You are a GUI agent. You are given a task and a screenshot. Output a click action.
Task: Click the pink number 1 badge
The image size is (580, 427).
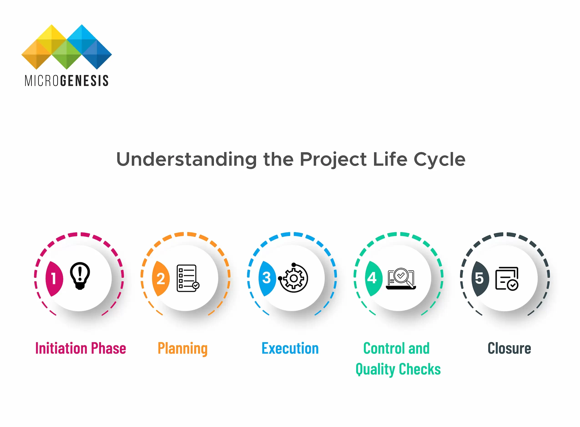pos(54,278)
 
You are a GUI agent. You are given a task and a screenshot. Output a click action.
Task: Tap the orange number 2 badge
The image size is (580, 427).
pos(161,278)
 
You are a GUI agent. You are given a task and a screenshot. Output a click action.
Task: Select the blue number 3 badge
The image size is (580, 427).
pos(267,278)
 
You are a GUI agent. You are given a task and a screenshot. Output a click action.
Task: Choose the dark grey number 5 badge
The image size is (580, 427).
pos(480,278)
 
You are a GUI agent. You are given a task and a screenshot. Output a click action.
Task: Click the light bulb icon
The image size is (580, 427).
pos(80,276)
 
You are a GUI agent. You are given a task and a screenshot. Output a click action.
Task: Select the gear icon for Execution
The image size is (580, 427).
pos(293,278)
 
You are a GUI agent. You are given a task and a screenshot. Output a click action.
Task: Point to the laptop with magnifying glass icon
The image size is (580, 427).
pos(401,278)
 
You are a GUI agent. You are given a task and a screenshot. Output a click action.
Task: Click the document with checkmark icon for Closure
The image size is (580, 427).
pos(507,278)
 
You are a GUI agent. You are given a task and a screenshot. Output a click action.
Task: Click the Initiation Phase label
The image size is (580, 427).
pos(81,348)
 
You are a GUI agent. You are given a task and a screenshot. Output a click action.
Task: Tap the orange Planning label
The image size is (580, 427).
pos(183,348)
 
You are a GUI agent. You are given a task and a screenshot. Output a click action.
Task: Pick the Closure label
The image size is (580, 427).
pos(509,348)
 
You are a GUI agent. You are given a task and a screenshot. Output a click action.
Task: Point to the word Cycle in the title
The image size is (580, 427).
pos(439,159)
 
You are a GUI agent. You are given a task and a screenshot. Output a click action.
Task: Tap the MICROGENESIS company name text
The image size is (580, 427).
pos(66,81)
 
